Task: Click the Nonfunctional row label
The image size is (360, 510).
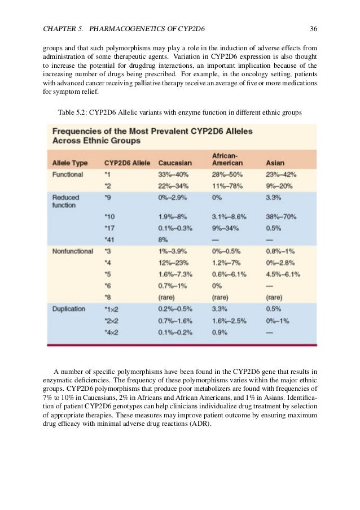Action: [73, 251]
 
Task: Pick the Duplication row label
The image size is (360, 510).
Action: [69, 309]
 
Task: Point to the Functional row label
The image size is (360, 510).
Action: [68, 175]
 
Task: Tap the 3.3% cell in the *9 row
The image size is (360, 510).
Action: [273, 198]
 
